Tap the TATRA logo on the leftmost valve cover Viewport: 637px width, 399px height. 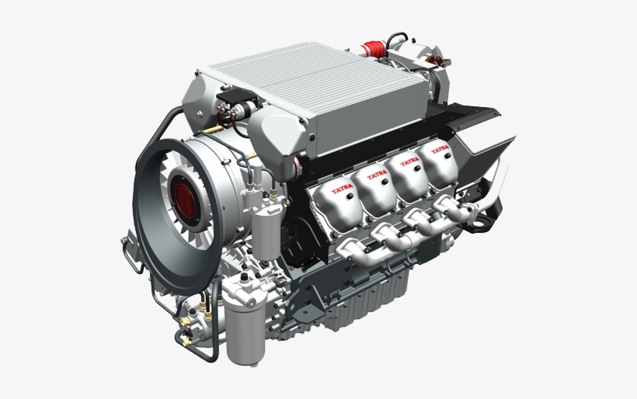coord(343,189)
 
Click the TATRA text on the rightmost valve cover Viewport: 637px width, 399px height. coord(440,148)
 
